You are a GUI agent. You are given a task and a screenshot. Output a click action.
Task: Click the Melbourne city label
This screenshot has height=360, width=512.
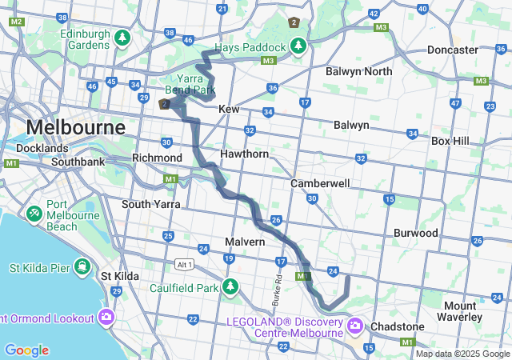[x=76, y=127]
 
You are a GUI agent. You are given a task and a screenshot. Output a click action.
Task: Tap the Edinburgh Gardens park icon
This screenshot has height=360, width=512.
[x=122, y=37]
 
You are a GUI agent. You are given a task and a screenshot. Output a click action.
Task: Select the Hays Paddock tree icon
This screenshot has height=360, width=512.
[x=298, y=45]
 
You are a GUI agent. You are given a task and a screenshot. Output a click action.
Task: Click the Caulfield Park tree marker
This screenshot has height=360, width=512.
[x=231, y=286]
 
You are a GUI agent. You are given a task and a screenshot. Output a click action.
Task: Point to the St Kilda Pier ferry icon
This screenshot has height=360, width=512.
[x=82, y=266]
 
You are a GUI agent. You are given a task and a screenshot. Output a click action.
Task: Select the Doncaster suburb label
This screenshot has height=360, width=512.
[x=452, y=50]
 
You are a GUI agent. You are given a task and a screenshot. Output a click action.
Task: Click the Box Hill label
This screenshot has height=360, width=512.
[x=453, y=140]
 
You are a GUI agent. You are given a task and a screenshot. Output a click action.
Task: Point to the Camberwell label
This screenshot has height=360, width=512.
[x=320, y=183]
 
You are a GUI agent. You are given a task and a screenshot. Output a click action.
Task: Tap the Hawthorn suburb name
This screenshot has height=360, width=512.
[x=245, y=153]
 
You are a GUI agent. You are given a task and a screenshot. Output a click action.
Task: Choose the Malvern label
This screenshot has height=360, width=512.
[x=245, y=242]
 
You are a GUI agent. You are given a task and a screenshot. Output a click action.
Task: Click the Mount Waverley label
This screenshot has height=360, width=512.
[x=460, y=311]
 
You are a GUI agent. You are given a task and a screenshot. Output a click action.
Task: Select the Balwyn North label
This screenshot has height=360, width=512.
[x=359, y=72]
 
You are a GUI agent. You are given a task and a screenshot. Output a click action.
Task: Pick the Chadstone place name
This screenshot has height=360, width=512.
[x=397, y=326]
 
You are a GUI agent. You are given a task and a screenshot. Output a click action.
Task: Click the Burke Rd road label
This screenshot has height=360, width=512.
[x=278, y=293]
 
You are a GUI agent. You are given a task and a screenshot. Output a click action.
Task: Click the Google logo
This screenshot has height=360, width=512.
[x=26, y=350]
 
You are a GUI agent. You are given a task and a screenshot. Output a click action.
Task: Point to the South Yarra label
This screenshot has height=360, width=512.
[x=147, y=204]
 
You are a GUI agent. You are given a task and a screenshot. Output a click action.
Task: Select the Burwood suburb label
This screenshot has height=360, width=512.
[x=415, y=233]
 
